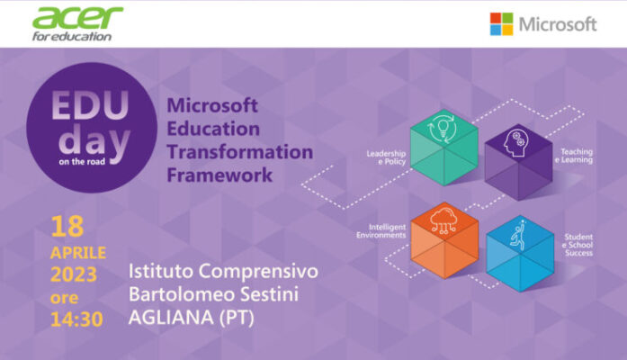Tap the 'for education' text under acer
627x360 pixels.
tap(72, 36)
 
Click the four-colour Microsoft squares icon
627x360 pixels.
tap(501, 23)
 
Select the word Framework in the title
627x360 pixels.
tap(219, 174)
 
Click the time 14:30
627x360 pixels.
tap(76, 319)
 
